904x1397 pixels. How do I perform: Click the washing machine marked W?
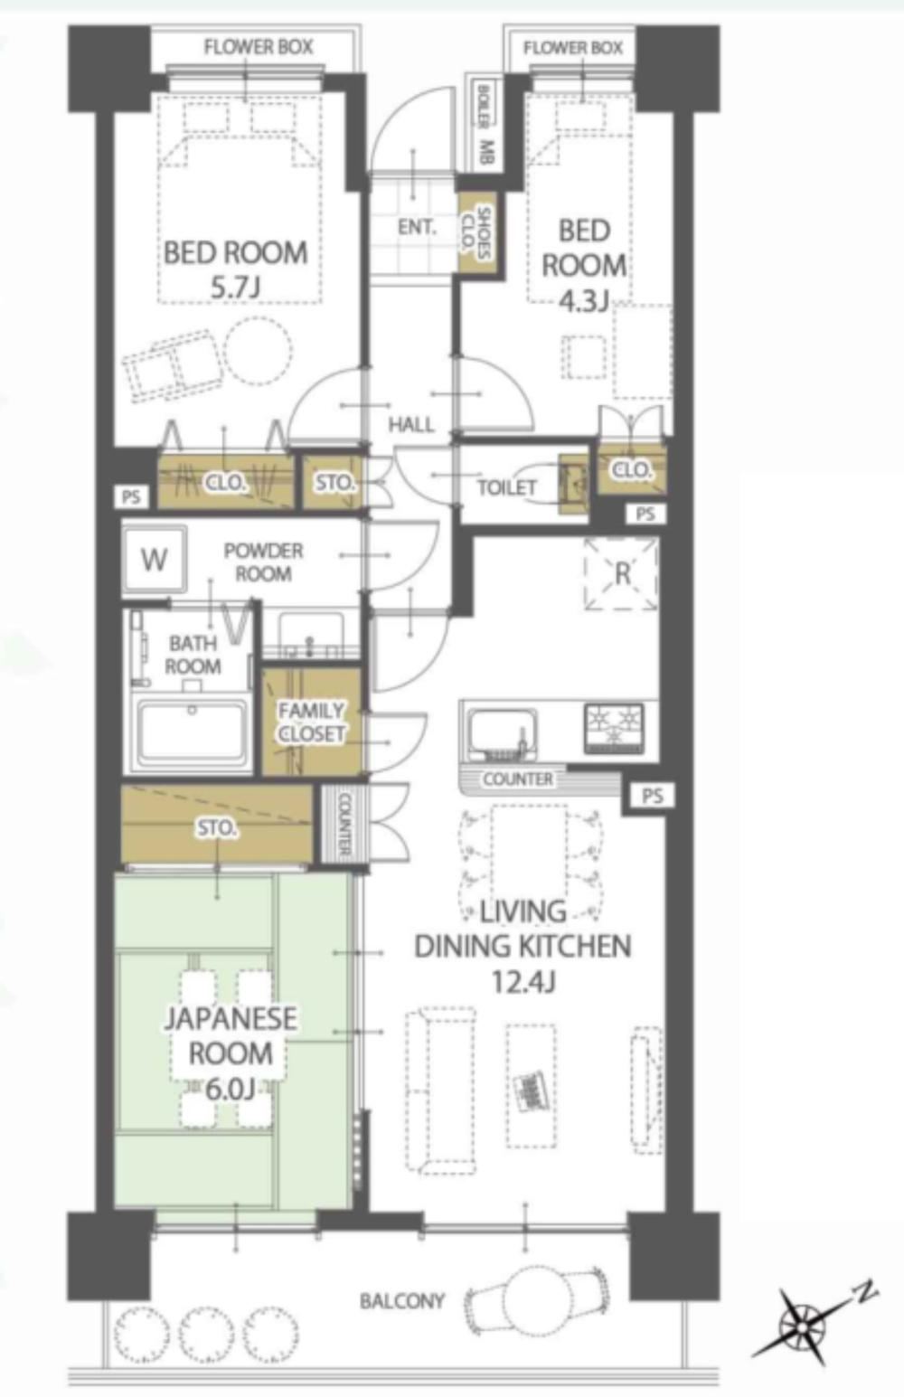pyautogui.click(x=154, y=560)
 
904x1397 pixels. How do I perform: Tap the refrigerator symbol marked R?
pyautogui.click(x=621, y=573)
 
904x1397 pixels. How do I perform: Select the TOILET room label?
pyautogui.click(x=506, y=487)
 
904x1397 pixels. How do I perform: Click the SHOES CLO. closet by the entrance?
pyautogui.click(x=478, y=232)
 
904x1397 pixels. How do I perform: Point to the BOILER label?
pyautogui.click(x=483, y=106)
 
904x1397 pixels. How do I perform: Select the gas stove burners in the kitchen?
pyautogui.click(x=614, y=728)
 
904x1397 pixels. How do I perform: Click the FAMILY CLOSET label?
pyautogui.click(x=311, y=722)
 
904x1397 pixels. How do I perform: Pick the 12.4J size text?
pyautogui.click(x=523, y=982)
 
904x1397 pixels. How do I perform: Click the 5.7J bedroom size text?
pyautogui.click(x=234, y=288)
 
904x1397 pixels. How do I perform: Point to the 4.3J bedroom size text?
pyautogui.click(x=583, y=302)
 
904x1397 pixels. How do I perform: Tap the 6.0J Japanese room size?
pyautogui.click(x=230, y=1090)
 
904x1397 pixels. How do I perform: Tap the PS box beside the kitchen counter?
pyautogui.click(x=652, y=795)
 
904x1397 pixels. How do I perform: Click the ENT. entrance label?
pyautogui.click(x=417, y=227)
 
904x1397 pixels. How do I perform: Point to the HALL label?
pyautogui.click(x=410, y=425)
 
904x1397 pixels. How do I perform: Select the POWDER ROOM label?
pyautogui.click(x=263, y=562)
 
